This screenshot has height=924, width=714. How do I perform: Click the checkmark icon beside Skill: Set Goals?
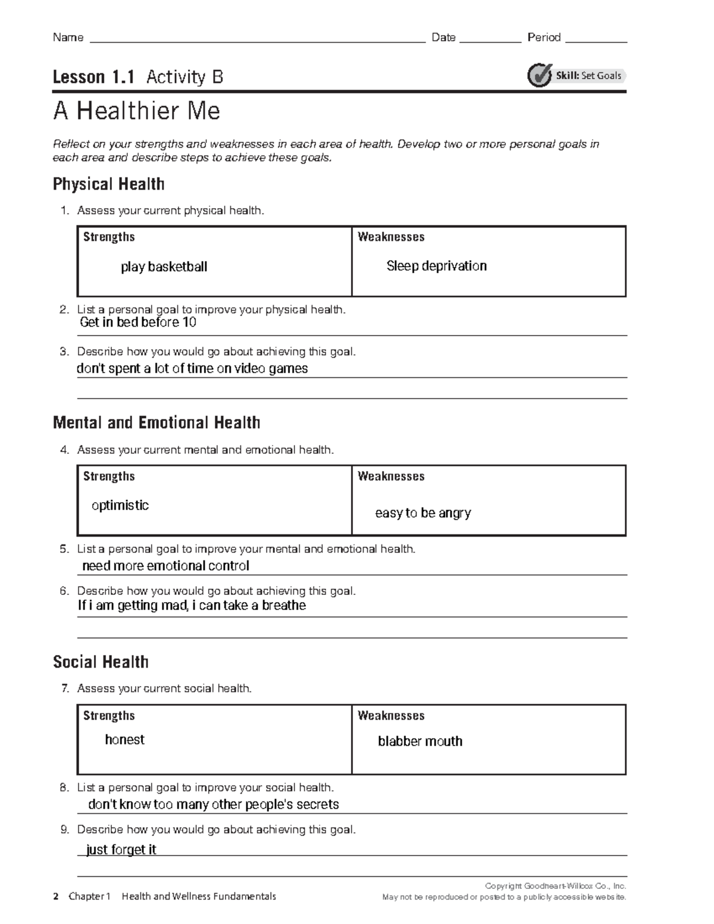tap(540, 76)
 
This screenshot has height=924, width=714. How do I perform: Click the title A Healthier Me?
tap(136, 111)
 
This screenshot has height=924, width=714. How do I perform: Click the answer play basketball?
tap(164, 267)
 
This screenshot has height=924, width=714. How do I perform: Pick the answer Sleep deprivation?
tap(436, 266)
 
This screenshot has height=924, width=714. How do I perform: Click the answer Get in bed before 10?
tap(137, 322)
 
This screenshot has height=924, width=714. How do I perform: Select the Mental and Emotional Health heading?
tap(156, 422)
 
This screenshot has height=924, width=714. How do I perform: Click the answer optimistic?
tap(120, 505)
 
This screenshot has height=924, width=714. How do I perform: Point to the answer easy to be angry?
tap(422, 513)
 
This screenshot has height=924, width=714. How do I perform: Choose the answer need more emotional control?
tap(165, 566)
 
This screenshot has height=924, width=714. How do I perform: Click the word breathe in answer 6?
tap(284, 606)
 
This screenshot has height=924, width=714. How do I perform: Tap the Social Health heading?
tap(101, 662)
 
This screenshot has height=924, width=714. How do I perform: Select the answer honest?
tap(124, 740)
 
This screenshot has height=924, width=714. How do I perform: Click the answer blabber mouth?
tap(419, 741)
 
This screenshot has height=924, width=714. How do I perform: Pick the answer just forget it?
tap(121, 850)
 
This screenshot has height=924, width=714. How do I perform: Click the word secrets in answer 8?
tap(316, 804)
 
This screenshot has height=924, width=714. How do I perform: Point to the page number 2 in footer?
tap(56, 897)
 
